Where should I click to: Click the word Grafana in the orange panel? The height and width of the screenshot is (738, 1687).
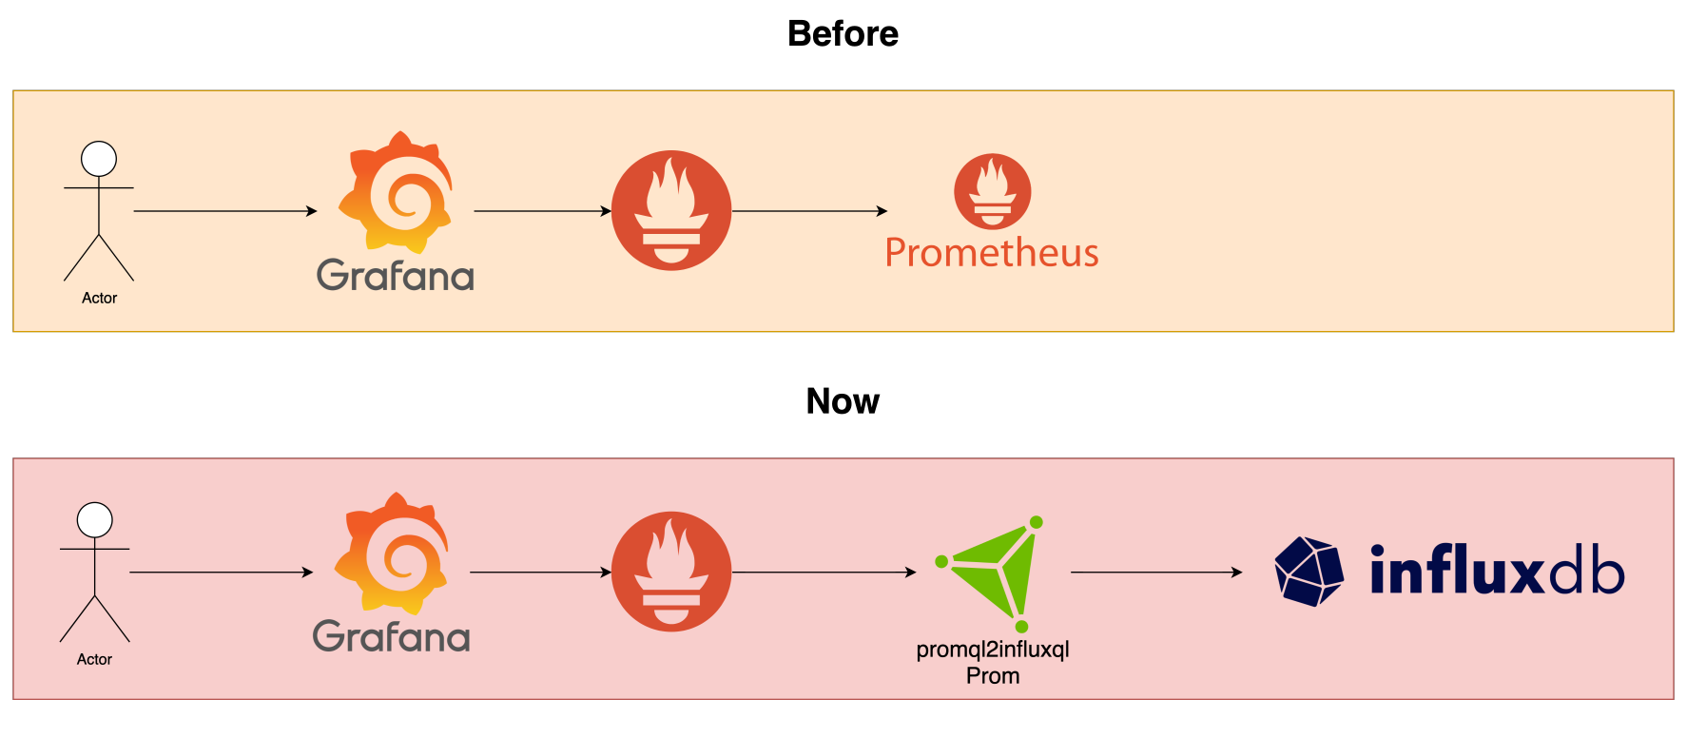396,276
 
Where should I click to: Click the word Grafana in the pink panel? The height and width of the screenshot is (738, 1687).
392,637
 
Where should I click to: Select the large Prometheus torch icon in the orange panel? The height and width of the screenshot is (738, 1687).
671,211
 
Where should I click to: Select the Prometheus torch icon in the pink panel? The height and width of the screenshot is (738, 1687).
671,572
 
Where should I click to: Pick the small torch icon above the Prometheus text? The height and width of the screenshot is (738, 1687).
993,191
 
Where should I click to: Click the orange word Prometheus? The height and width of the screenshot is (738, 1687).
992,253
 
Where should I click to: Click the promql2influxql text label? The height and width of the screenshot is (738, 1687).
993,650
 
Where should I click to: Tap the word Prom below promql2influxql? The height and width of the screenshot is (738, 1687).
993,676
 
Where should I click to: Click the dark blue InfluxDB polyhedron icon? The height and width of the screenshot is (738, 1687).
1309,572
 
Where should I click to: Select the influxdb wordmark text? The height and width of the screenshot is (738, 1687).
1497,571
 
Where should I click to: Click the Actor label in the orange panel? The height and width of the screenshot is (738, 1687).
100,298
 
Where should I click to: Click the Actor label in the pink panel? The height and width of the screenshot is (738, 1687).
95,659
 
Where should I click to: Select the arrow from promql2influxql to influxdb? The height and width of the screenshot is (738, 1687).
1156,573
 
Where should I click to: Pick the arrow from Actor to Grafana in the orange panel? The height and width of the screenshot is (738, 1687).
225,211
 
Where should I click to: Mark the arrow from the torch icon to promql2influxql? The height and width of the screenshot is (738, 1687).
824,573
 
